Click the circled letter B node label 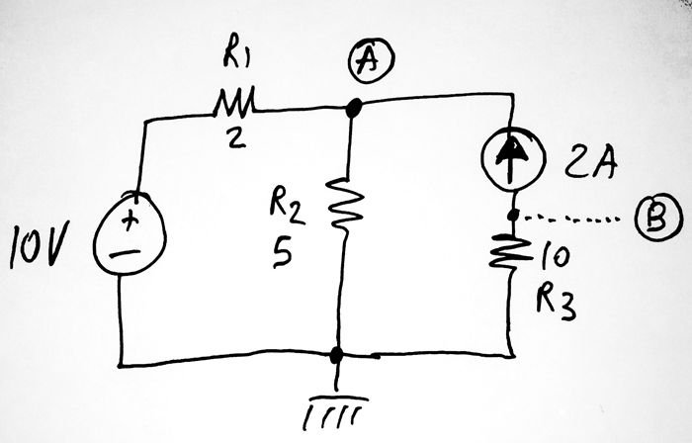650,220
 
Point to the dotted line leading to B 573,218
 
